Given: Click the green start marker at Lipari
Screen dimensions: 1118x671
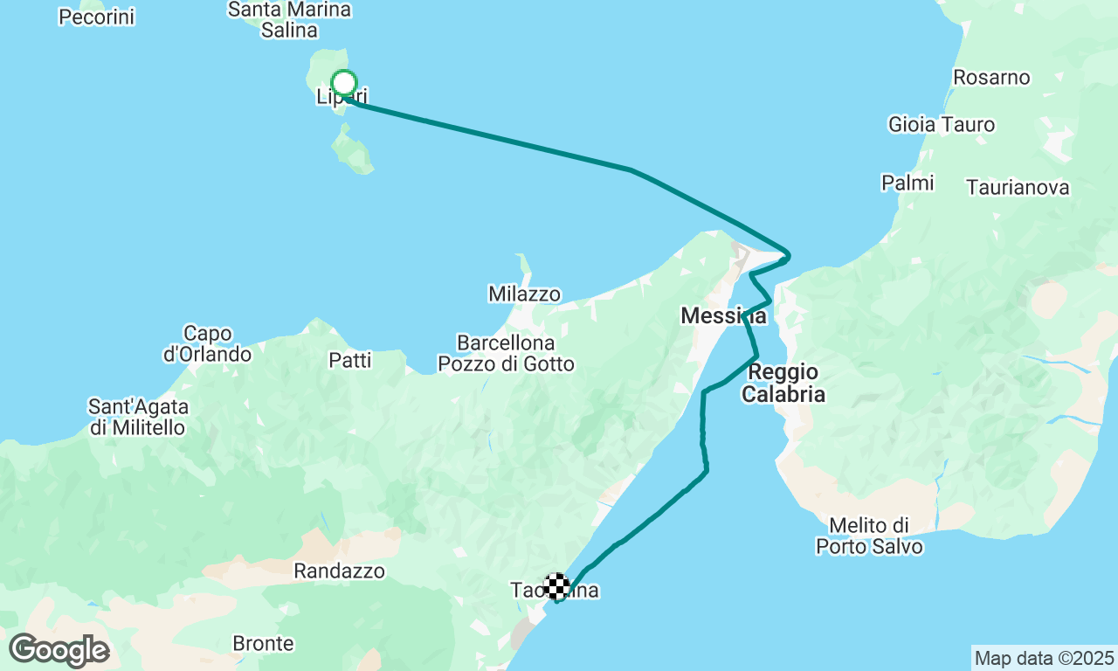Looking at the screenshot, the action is (344, 83).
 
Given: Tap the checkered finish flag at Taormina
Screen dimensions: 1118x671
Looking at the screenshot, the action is (556, 586).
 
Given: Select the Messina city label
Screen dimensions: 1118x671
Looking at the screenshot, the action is (724, 316).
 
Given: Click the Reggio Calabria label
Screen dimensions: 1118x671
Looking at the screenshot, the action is (783, 383).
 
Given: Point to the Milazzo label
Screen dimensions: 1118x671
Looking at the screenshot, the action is (524, 294).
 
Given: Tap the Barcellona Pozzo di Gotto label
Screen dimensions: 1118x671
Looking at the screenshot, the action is (507, 353).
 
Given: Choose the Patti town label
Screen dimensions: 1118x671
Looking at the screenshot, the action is (350, 360).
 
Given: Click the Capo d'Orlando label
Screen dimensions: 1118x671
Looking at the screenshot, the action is (208, 343).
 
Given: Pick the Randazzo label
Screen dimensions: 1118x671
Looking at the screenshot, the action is (339, 571).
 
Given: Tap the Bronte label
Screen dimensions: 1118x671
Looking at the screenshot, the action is (263, 644).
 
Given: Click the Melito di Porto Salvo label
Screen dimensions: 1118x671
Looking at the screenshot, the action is (869, 536).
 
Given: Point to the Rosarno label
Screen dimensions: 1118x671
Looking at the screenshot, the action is (991, 77).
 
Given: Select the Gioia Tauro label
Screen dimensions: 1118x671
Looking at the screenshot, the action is (942, 125).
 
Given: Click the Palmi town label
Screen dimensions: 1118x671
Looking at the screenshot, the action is (908, 183).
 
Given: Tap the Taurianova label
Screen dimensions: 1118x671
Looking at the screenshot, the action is (1018, 187).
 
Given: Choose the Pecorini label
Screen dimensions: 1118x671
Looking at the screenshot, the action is (97, 17).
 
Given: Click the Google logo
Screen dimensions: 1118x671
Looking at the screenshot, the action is (59, 650).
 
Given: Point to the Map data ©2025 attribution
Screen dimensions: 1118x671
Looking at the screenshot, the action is (1044, 658).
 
